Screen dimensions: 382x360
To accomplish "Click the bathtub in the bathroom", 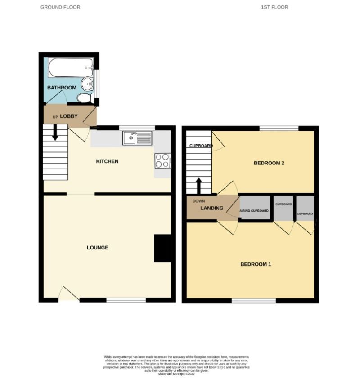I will coord(70,67).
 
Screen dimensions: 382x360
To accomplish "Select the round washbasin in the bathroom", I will coord(88,84).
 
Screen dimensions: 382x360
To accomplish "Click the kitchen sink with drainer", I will coord(138,138).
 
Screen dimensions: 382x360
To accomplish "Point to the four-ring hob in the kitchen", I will coord(162,160).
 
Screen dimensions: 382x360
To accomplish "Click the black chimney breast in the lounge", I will coord(162,248).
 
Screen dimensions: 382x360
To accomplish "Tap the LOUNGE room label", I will coord(98,248).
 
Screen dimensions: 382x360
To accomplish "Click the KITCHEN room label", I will coord(107,161).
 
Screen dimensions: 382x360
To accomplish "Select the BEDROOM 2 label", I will coord(269,163).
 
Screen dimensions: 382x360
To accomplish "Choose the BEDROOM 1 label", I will coord(256,264).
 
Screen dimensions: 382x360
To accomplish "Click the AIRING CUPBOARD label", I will coord(254,211).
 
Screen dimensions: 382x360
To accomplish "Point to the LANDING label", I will coord(212,208).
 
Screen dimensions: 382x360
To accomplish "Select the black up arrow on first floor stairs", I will coord(198,185).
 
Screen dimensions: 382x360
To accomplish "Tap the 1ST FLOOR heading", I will coord(274,7).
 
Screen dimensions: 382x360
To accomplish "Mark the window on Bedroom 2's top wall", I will coord(279,128).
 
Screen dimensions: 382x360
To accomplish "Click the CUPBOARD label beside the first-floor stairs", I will coord(201,146).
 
